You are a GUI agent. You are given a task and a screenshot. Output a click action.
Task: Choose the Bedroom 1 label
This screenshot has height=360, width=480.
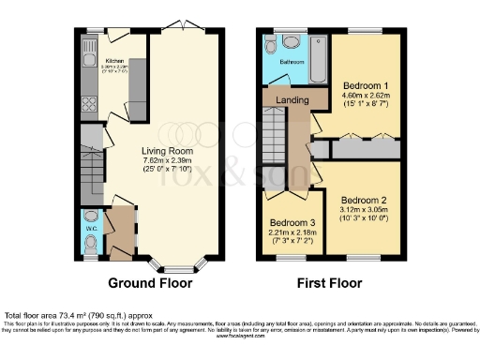pos(359,85)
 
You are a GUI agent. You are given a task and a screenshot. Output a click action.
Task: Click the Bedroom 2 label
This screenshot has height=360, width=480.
pos(363,200)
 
